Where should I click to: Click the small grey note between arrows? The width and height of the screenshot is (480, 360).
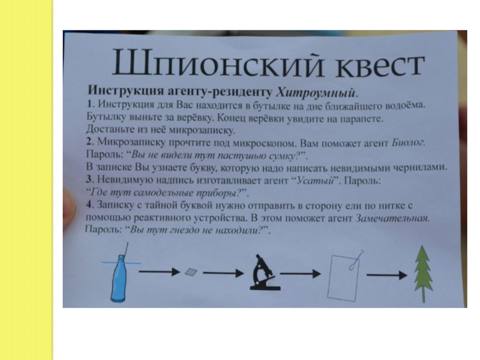pos(191,271)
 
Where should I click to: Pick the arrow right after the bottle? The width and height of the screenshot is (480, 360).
pos(158,272)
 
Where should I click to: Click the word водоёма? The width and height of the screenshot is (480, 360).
pos(403,105)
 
